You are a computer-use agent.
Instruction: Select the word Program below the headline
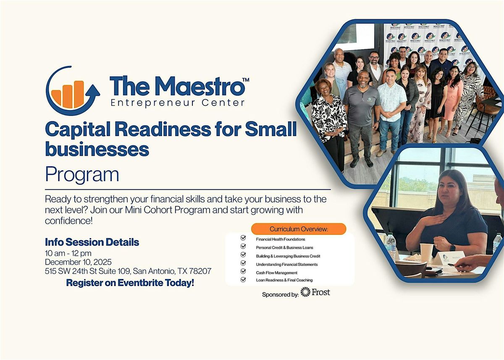click(x=82, y=174)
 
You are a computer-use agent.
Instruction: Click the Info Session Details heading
click(x=92, y=242)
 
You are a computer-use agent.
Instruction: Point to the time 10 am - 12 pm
click(x=68, y=253)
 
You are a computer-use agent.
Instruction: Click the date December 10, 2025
click(x=79, y=262)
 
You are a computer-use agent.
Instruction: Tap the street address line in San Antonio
click(x=128, y=271)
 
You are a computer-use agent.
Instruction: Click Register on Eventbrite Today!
click(x=130, y=283)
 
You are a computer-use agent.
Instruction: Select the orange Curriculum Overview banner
click(x=299, y=229)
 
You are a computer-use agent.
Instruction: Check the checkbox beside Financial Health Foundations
click(x=243, y=238)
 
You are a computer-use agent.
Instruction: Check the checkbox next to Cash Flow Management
click(x=243, y=272)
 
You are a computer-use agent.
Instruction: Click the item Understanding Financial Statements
click(x=287, y=264)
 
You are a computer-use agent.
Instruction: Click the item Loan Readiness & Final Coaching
click(x=284, y=280)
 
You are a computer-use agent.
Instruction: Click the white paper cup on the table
click(x=426, y=252)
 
